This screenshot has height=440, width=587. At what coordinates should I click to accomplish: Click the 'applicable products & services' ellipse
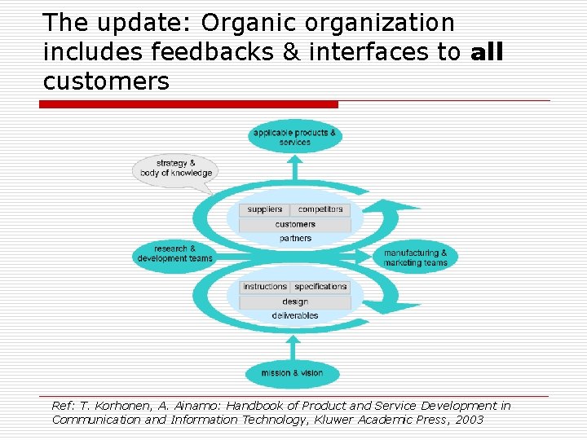[294, 137]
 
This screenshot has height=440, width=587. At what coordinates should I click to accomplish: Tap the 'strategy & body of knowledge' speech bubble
[175, 168]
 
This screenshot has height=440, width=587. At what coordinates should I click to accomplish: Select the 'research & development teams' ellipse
[174, 253]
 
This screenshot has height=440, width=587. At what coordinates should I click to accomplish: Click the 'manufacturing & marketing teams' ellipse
[415, 257]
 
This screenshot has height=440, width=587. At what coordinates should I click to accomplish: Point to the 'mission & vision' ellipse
[292, 373]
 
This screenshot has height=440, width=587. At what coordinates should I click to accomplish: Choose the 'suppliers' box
[264, 209]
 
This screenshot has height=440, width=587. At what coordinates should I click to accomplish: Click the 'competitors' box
[320, 209]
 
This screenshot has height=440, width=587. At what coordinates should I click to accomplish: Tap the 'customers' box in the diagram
[295, 224]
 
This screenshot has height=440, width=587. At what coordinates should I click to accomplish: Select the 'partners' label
[295, 238]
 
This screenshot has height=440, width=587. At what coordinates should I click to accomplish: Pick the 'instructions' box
[265, 287]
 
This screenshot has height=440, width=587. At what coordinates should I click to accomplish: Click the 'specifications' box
[320, 287]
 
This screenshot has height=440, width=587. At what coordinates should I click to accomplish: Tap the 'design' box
[295, 301]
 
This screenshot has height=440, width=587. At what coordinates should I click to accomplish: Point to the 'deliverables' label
[295, 315]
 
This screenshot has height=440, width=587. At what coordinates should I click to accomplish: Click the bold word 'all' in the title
[487, 53]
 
